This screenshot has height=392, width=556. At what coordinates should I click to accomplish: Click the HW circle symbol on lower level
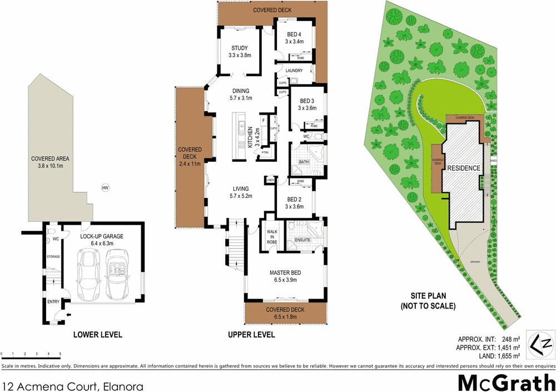[x=105, y=188]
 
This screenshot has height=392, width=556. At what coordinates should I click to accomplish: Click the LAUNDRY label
[x=294, y=71]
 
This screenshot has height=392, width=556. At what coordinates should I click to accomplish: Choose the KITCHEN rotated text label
[x=251, y=137]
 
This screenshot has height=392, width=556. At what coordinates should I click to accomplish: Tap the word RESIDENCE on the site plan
[x=464, y=167]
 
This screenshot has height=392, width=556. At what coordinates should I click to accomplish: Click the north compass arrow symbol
[x=542, y=344]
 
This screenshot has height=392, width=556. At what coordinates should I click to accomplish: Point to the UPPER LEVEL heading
[x=251, y=335]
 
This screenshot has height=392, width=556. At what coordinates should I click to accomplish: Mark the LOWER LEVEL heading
[x=98, y=335]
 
